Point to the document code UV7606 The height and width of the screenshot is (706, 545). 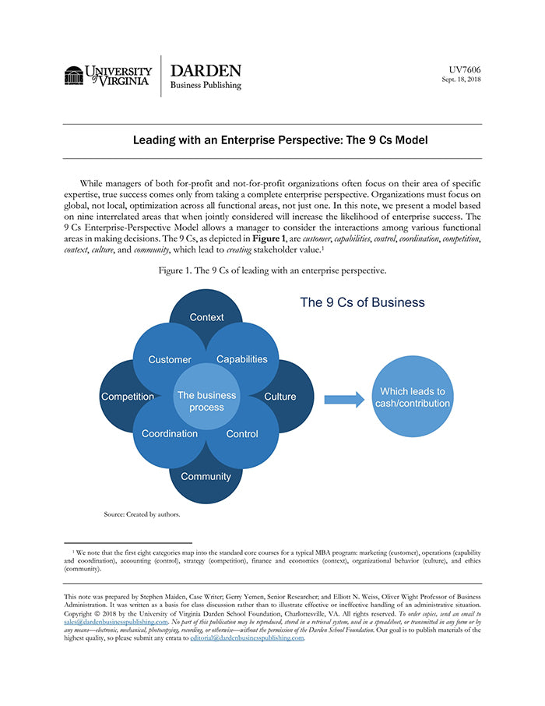[465, 69]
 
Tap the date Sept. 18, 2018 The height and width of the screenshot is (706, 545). [461, 79]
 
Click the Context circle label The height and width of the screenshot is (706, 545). [206, 317]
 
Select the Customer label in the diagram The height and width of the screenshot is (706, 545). [170, 359]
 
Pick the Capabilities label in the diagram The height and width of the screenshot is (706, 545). [241, 359]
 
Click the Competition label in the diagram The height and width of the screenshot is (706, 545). [128, 397]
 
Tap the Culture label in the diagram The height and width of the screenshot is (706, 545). [280, 397]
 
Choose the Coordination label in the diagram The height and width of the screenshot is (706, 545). [170, 434]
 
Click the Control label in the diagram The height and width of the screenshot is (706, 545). [242, 434]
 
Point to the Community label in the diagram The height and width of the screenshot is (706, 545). [206, 476]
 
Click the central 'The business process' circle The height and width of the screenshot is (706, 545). [206, 401]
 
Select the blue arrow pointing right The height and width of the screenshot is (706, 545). [343, 400]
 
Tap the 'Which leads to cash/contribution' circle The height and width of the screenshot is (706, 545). [413, 397]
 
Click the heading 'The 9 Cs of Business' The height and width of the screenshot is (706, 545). [362, 302]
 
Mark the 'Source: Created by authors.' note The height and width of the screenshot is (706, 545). [142, 514]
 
